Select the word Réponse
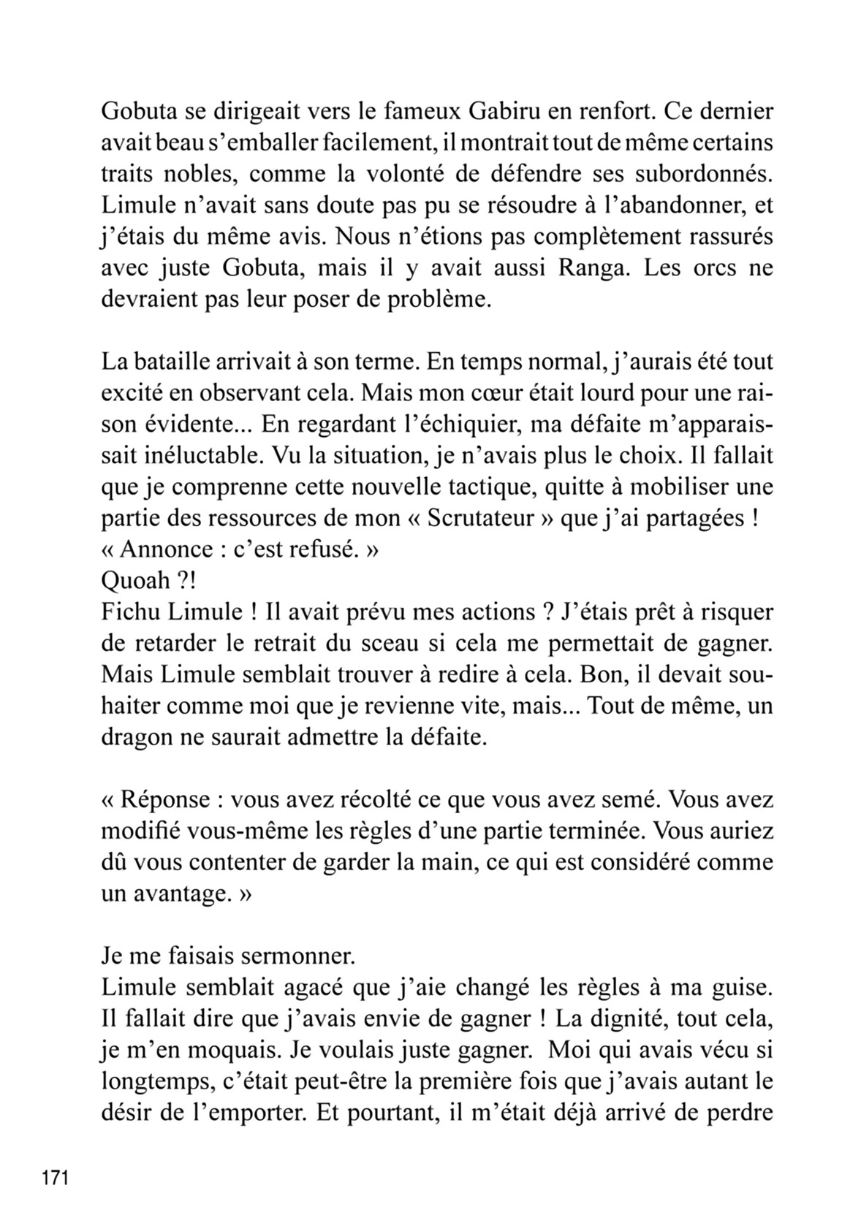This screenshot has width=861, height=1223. tap(164, 799)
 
